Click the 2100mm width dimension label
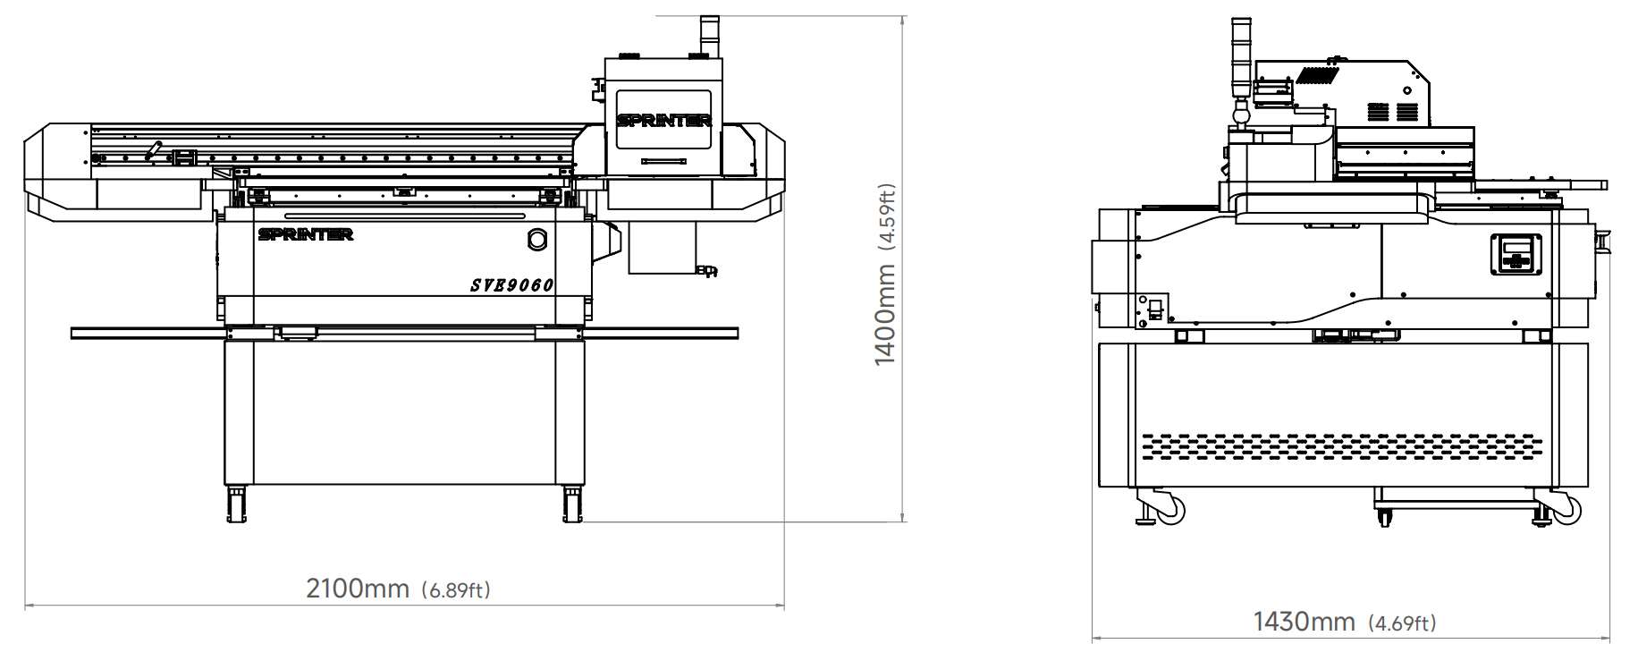(x=358, y=589)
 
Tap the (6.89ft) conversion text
(x=455, y=590)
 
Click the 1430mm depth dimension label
(x=1304, y=621)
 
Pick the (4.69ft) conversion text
(x=1402, y=623)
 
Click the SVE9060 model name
(x=512, y=285)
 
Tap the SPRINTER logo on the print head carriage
(x=663, y=120)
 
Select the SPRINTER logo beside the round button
(x=306, y=234)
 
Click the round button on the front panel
(x=537, y=239)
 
